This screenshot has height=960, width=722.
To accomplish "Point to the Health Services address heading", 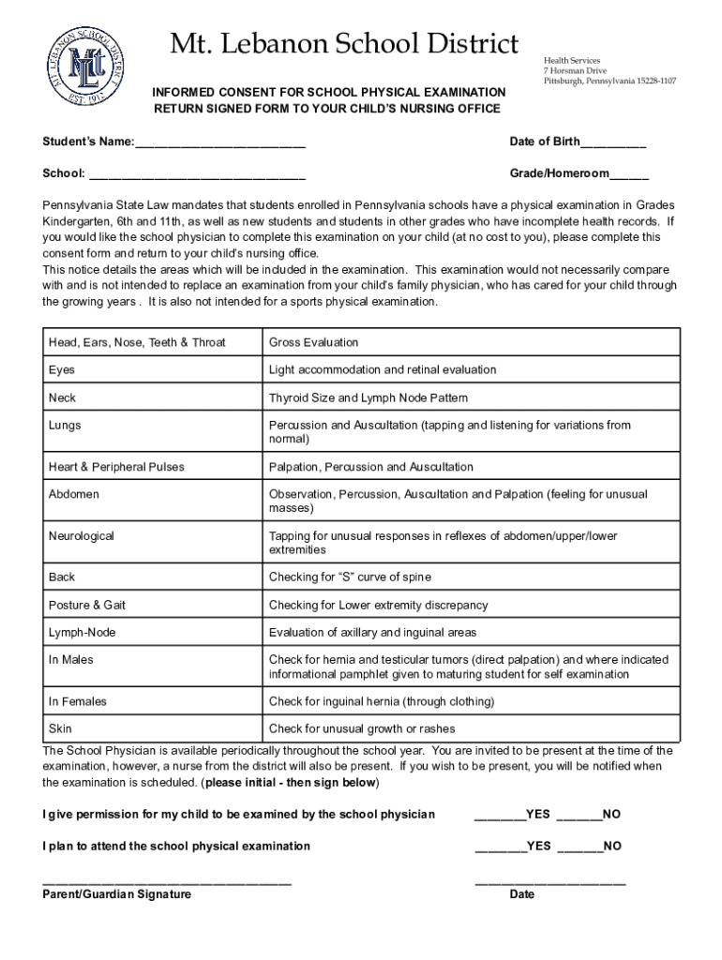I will click(x=572, y=60).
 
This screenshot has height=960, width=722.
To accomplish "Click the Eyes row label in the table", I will click(x=62, y=370).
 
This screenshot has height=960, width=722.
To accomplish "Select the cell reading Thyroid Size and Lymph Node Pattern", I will click(x=368, y=397).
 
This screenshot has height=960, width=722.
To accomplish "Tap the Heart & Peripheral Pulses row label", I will click(x=116, y=467).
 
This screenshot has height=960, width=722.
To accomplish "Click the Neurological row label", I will click(x=82, y=536).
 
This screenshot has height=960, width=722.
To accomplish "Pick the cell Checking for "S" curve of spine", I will click(x=350, y=577).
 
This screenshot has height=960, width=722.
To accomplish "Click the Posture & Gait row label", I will click(x=86, y=605).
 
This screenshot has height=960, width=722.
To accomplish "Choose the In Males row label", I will click(x=71, y=660).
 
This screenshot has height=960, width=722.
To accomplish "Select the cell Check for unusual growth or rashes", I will click(x=362, y=728).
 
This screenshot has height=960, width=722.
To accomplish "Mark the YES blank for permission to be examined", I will click(x=500, y=816).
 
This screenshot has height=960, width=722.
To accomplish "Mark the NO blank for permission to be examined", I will click(x=579, y=816).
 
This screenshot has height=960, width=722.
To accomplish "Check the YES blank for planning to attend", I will click(x=500, y=847).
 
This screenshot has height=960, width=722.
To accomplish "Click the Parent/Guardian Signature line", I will click(x=167, y=883).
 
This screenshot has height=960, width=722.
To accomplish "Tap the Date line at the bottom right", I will click(x=550, y=883).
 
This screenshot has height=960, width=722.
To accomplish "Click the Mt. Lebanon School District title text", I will click(x=343, y=44).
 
